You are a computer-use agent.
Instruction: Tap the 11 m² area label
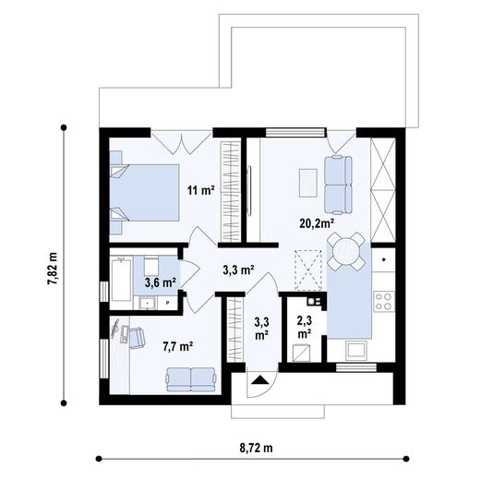tap(200, 191)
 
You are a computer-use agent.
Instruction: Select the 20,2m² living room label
tap(316, 222)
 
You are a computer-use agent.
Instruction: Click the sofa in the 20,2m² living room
tap(337, 181)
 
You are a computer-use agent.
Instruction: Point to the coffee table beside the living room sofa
tap(308, 183)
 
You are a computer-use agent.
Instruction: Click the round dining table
tap(346, 250)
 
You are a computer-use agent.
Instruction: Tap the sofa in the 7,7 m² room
tap(188, 378)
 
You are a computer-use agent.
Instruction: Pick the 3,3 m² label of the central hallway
tap(238, 271)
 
